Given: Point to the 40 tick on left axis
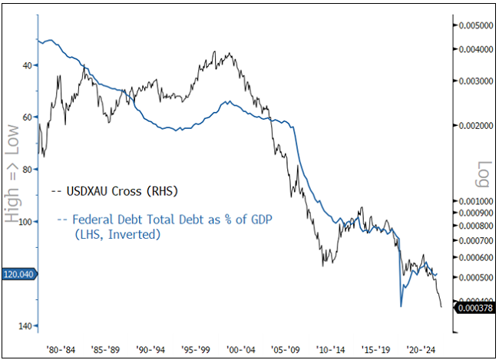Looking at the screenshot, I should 27,65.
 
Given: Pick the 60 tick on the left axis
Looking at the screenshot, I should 27,117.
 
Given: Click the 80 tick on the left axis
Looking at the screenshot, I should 27,169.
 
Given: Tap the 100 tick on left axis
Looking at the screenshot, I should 25,222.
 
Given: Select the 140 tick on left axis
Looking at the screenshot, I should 25,326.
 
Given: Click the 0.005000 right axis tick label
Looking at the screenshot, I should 476,25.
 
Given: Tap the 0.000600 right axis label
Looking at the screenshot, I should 476,257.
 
